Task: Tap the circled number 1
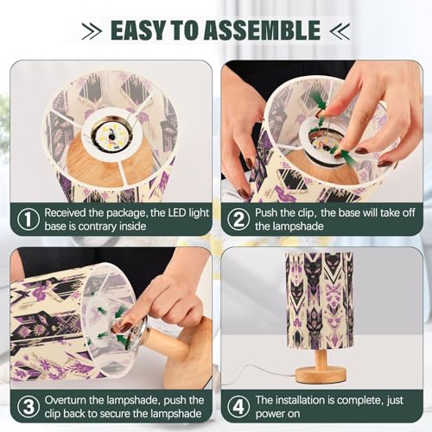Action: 29,219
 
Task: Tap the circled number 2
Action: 238,219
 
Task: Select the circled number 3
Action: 29,407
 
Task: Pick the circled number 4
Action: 238,407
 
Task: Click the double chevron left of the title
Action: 92,30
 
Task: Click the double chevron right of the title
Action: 340,30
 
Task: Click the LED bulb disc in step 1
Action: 111,135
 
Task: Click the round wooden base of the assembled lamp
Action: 321,373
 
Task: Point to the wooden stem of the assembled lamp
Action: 321,357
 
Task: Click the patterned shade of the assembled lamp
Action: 320,300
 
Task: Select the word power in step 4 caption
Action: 270,415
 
